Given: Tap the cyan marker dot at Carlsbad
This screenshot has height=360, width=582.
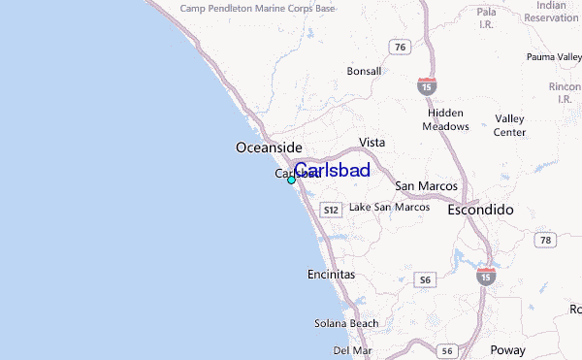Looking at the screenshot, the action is (x=291, y=180).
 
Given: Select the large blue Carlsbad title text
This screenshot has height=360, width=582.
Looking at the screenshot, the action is (x=331, y=171).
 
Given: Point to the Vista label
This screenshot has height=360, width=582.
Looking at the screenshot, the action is (x=372, y=142).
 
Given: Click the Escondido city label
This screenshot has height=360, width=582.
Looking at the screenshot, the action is (x=480, y=210).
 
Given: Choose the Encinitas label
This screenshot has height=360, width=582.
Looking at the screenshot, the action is (x=331, y=275).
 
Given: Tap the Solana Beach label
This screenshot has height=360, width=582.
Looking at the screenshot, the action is (x=345, y=322).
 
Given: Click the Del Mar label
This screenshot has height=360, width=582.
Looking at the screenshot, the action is (x=352, y=349).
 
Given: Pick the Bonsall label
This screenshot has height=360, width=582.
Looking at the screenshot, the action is (x=365, y=71).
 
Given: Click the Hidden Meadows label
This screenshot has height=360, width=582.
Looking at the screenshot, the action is (x=446, y=119).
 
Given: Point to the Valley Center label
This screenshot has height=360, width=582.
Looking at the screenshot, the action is (x=509, y=125).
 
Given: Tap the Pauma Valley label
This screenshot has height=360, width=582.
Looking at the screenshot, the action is (x=554, y=57).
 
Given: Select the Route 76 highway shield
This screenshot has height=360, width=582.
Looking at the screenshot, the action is (x=399, y=47).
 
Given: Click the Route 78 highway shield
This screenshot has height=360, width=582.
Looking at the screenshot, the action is (x=546, y=240).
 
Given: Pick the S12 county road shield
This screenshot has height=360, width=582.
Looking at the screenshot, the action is (x=331, y=210).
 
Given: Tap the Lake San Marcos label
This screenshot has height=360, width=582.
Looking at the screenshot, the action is (x=389, y=207).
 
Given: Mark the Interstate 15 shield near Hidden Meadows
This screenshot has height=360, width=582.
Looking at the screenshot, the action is (x=427, y=85).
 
